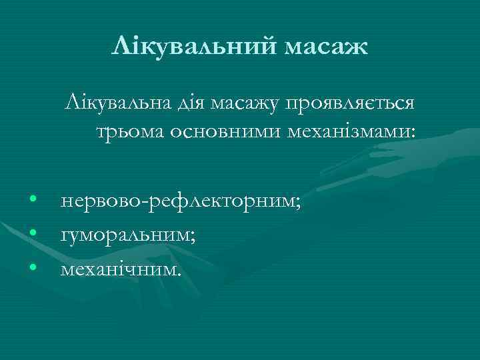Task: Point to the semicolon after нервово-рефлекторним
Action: click(x=298, y=203)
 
